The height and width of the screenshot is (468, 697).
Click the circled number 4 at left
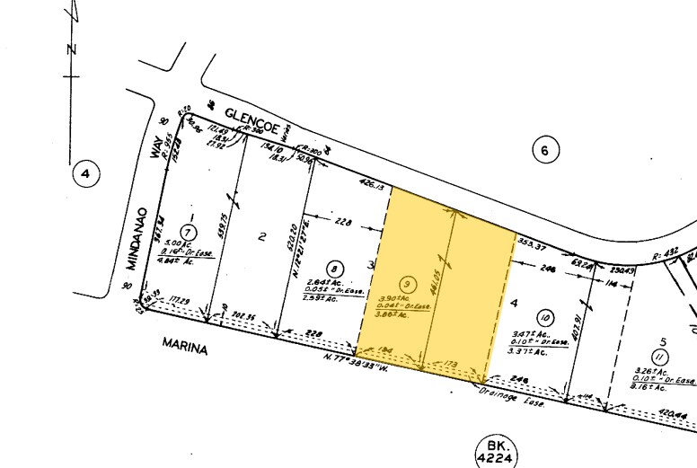(x=84, y=174)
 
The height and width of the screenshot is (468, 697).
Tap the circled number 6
(x=543, y=150)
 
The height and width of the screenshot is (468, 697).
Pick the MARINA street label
(x=184, y=345)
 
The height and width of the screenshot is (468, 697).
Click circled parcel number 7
(x=188, y=231)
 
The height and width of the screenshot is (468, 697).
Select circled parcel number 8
(x=335, y=268)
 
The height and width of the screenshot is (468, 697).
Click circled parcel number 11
(x=662, y=358)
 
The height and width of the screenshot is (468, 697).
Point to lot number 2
(x=262, y=237)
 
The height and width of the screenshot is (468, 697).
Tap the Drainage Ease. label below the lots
(x=504, y=388)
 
